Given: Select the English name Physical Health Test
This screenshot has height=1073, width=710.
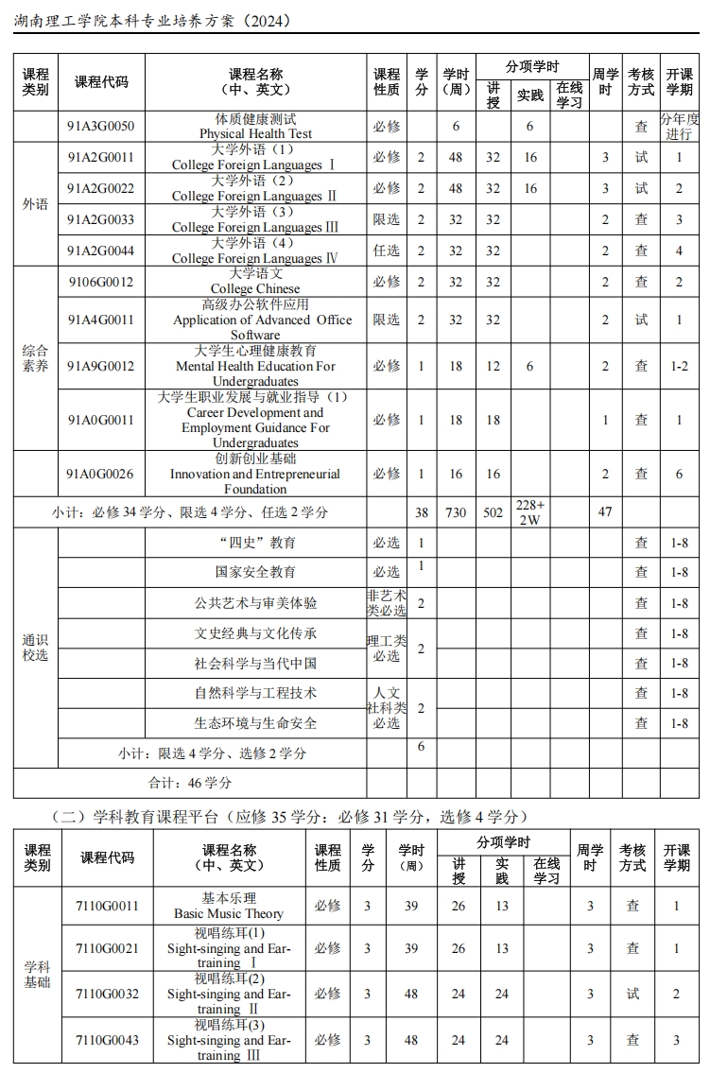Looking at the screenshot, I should click(x=255, y=133).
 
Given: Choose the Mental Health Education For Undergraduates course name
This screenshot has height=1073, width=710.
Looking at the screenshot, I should click(x=255, y=367).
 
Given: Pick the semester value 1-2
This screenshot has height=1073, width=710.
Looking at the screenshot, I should click(x=679, y=366).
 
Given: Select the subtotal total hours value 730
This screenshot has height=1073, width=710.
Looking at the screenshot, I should click(x=456, y=512).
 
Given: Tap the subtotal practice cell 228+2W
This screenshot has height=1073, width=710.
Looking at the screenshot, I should click(x=530, y=512).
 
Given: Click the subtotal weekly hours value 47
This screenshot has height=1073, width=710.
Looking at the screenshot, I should click(x=605, y=512).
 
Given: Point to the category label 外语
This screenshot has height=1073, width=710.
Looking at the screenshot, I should click(x=35, y=204).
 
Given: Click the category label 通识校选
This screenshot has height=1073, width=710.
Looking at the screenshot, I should click(x=35, y=648).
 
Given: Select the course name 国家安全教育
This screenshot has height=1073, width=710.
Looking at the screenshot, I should click(x=255, y=572).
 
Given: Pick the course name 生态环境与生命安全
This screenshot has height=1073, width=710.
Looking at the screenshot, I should click(x=255, y=723).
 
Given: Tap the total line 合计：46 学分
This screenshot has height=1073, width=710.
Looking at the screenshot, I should click(x=190, y=783).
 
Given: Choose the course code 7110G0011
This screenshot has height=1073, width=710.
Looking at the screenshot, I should click(x=107, y=906).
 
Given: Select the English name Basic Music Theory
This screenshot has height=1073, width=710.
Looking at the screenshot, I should click(x=229, y=913).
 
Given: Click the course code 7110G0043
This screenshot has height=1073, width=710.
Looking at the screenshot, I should click(x=107, y=1040).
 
